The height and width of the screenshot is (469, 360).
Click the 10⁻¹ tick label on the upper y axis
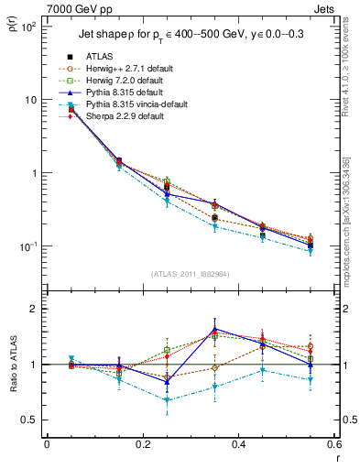(28, 246)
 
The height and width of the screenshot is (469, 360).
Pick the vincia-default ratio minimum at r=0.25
(167, 399)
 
